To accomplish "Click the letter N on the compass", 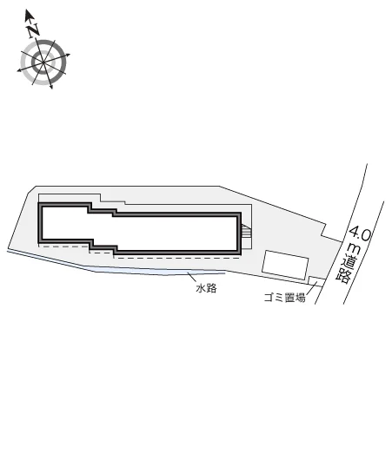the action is (33, 30).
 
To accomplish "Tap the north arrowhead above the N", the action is (28, 15).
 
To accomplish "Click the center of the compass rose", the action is (43, 62).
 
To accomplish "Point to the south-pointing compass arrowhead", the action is (51, 86).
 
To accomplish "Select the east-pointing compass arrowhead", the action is (68, 55).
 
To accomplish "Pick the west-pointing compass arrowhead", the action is (20, 70).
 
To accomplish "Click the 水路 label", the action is (206, 288).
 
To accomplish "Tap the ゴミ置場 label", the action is (284, 298).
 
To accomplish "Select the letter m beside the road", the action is (355, 250).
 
